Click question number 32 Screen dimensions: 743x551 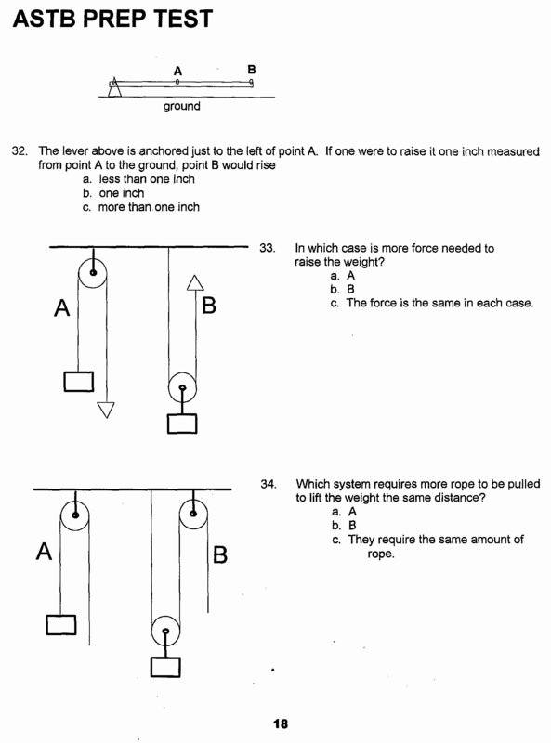pyautogui.click(x=20, y=150)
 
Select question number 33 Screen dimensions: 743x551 pyautogui.click(x=268, y=249)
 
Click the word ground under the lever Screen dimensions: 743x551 pyautogui.click(x=181, y=106)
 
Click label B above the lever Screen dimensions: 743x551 pyautogui.click(x=252, y=70)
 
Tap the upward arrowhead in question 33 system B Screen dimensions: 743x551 pyautogui.click(x=194, y=282)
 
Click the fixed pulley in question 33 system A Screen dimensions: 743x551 pyautogui.click(x=92, y=272)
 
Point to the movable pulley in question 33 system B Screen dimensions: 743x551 pyautogui.click(x=182, y=388)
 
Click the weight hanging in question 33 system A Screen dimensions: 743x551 pyautogui.click(x=78, y=381)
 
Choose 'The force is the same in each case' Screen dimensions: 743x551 pyautogui.click(x=439, y=303)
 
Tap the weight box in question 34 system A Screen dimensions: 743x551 pyautogui.click(x=61, y=624)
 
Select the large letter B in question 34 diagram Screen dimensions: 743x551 pyautogui.click(x=220, y=555)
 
